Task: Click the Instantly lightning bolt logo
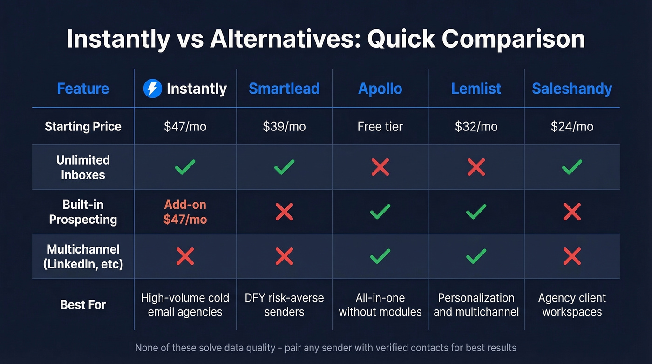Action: pos(152,89)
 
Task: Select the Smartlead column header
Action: pos(284,89)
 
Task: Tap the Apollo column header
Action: pos(380,89)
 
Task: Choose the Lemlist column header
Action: pos(476,89)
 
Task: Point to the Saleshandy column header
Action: pos(572,89)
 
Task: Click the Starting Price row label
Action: pos(83,126)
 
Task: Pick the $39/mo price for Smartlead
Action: pos(284,126)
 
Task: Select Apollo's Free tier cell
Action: pos(380,126)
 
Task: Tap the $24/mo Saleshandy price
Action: pos(572,126)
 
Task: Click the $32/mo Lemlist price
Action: pos(476,126)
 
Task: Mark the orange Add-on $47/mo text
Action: pos(185,212)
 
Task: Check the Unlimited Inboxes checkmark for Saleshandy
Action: pos(572,167)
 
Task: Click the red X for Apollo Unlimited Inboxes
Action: pos(380,167)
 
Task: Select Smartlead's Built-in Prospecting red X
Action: pos(284,212)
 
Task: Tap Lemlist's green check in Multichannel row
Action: pos(476,256)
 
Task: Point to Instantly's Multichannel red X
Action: pos(185,256)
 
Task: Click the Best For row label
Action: pos(83,305)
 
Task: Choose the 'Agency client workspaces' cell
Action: pos(572,305)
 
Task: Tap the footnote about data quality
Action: pos(326,348)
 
